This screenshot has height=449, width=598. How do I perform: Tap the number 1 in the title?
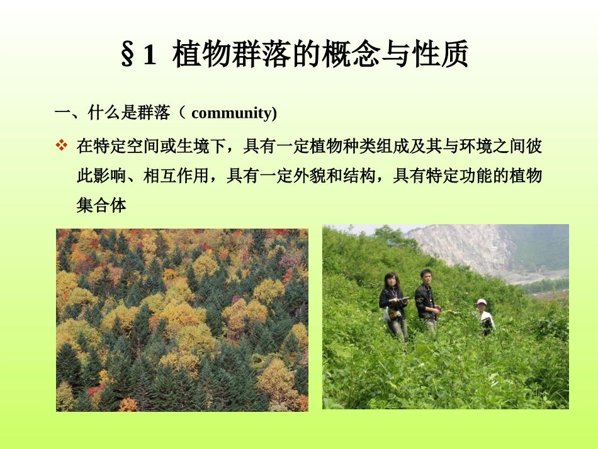coord(149,55)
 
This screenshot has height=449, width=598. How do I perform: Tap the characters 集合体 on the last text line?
coord(101,205)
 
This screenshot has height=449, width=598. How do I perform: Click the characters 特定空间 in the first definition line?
coord(126,147)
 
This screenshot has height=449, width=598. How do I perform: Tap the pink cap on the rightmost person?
coord(482,302)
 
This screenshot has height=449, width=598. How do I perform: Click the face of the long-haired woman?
coord(391,281)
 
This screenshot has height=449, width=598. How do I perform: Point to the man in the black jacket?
coord(426,299)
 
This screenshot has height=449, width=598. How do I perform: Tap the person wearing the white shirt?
coord(485,318)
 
